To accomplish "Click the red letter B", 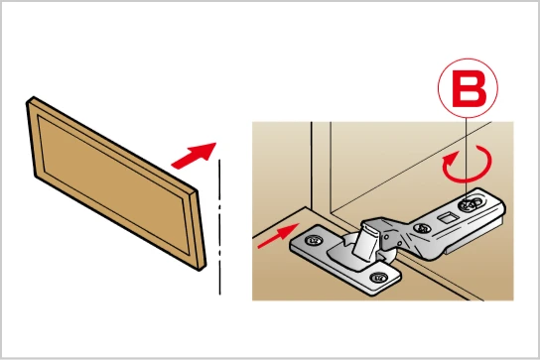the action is click(469, 89).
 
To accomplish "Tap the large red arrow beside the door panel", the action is click(194, 156).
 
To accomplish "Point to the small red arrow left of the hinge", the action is click(278, 235).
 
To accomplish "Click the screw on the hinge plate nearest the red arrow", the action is click(313, 240).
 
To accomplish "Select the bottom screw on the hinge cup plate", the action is click(378, 277).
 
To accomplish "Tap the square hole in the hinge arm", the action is click(447, 217).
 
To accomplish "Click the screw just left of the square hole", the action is click(421, 227).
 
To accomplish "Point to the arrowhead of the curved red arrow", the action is click(448, 160).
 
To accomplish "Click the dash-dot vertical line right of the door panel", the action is click(219, 227).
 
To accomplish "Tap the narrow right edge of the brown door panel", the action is click(198, 230).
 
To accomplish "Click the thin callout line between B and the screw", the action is click(466, 159).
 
